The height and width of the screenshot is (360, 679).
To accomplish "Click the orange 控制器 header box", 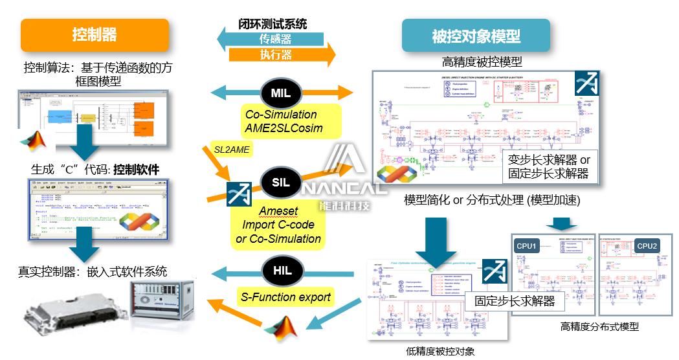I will [x=95, y=35].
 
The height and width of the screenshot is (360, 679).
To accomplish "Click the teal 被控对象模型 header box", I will [x=476, y=36].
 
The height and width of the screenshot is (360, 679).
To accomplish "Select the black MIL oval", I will [x=280, y=93].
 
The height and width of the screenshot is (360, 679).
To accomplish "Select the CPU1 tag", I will [x=526, y=246].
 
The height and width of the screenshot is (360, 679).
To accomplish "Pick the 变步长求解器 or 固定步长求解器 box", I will [x=548, y=166].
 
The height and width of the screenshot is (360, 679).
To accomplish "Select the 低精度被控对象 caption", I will [x=440, y=352].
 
